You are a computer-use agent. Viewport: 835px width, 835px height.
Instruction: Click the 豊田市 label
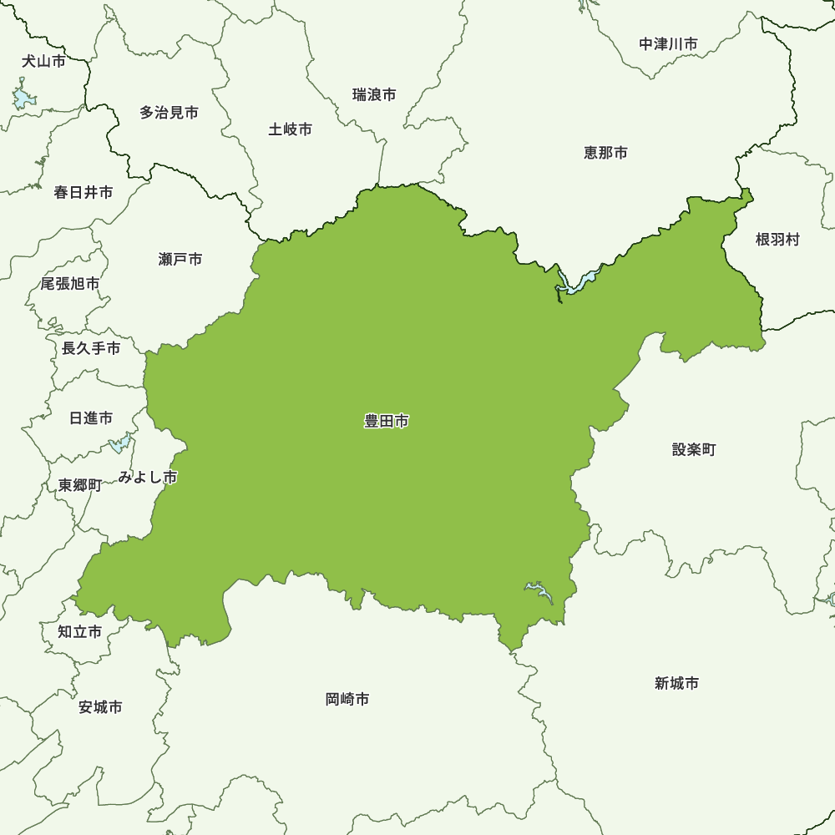click(x=387, y=422)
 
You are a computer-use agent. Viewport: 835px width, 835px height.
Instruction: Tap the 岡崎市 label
click(x=347, y=700)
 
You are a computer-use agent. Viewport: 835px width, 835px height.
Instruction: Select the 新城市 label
click(x=677, y=684)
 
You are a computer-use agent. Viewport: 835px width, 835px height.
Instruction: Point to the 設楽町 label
click(x=694, y=450)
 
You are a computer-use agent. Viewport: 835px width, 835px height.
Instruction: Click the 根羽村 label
click(x=777, y=240)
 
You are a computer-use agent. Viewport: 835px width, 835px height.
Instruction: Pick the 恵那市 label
click(x=606, y=153)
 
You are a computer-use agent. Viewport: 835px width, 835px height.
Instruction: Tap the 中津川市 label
click(x=669, y=44)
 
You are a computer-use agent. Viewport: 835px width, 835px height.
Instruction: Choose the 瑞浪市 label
click(x=374, y=95)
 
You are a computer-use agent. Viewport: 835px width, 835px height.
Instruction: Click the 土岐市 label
click(x=291, y=129)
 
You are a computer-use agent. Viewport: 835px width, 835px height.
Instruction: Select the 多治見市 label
click(x=170, y=112)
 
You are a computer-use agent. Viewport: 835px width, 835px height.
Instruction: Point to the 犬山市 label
click(x=43, y=61)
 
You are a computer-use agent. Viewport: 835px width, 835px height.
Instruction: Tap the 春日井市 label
click(x=83, y=193)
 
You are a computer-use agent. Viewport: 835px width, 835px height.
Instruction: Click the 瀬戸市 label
click(x=180, y=260)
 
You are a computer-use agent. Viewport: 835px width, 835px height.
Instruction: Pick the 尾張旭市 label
click(x=70, y=284)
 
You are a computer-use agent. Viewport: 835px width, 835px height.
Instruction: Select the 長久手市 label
click(x=91, y=349)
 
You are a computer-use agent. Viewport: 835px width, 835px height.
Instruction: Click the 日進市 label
click(x=91, y=418)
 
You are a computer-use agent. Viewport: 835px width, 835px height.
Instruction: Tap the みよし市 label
click(x=148, y=478)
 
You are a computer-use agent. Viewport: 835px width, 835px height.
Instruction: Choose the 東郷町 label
click(x=80, y=485)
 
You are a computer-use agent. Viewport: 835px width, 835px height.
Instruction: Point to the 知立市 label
click(x=80, y=632)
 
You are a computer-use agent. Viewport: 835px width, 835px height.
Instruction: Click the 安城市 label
click(x=100, y=708)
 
